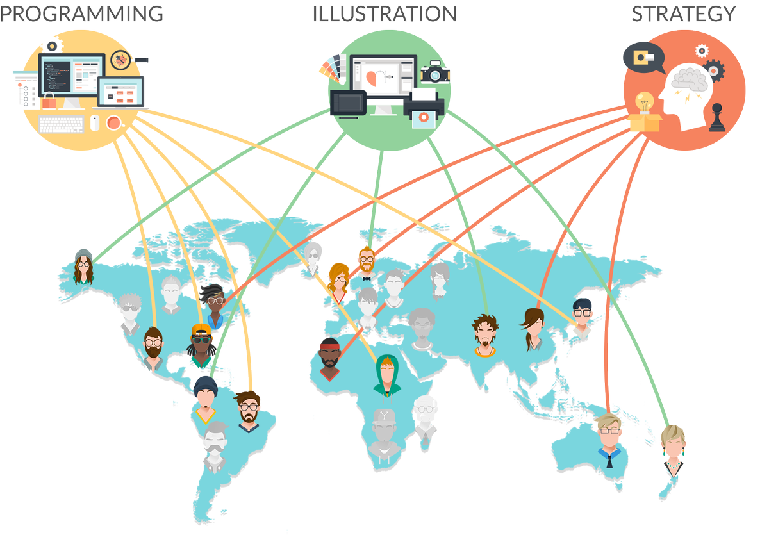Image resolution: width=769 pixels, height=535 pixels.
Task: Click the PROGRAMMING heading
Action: point(81,13)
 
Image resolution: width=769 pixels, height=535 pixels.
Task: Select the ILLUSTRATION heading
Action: point(384,13)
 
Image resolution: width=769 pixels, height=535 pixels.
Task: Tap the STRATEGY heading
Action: point(684,13)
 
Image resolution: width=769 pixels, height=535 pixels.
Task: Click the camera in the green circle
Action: point(435,72)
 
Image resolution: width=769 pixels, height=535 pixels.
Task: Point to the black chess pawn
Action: point(716,119)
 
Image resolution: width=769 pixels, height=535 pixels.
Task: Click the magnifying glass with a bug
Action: point(121,60)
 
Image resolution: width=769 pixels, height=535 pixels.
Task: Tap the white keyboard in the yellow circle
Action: point(62,124)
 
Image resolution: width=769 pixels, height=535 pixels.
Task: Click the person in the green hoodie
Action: point(387,375)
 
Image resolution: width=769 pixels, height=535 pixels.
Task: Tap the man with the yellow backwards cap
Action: point(202,345)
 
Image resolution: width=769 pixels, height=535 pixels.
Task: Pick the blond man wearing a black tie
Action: point(608,441)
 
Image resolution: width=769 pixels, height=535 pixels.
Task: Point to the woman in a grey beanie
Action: point(83,268)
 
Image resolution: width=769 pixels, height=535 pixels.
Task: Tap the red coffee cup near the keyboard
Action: point(113,122)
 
